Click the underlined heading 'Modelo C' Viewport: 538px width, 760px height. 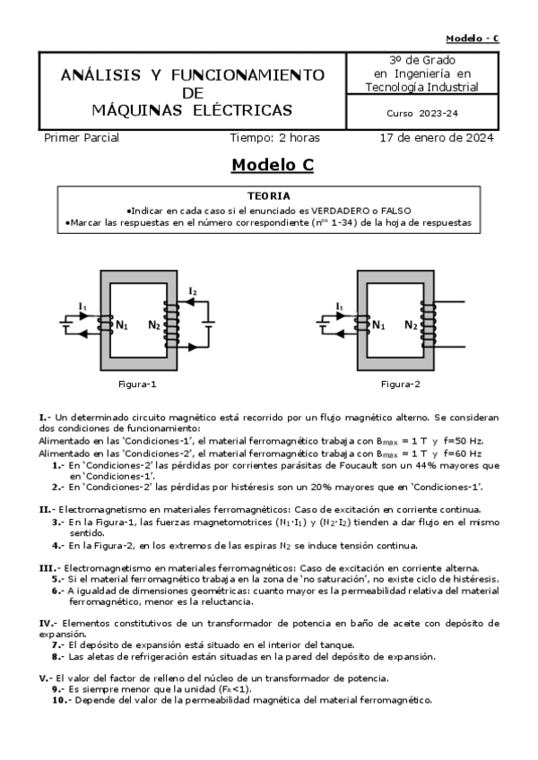click(272, 165)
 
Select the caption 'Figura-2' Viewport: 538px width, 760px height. click(400, 384)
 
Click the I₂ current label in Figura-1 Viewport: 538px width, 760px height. click(193, 290)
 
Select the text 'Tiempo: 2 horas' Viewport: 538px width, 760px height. click(274, 138)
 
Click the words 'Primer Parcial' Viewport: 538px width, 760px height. click(82, 138)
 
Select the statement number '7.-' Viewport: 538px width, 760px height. click(58, 644)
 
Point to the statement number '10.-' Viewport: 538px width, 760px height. click(59, 700)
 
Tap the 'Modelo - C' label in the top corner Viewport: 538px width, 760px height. click(472, 38)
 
